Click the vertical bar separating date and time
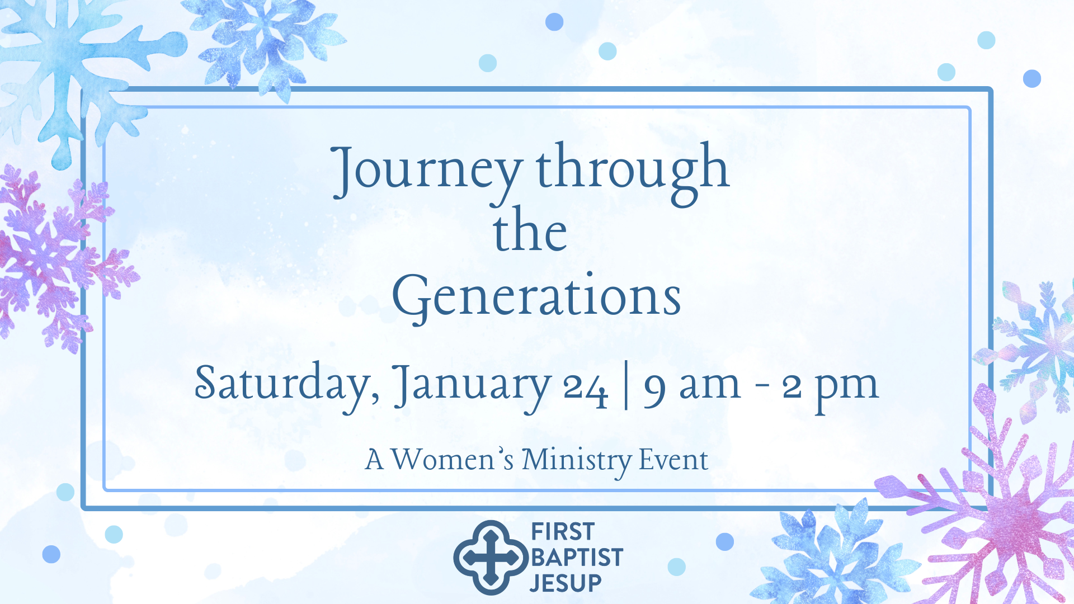626,386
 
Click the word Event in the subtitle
673,460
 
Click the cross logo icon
491,558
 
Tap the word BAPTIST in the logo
577,558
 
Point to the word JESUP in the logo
566,583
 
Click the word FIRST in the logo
563,532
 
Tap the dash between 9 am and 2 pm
761,387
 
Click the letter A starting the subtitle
374,460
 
